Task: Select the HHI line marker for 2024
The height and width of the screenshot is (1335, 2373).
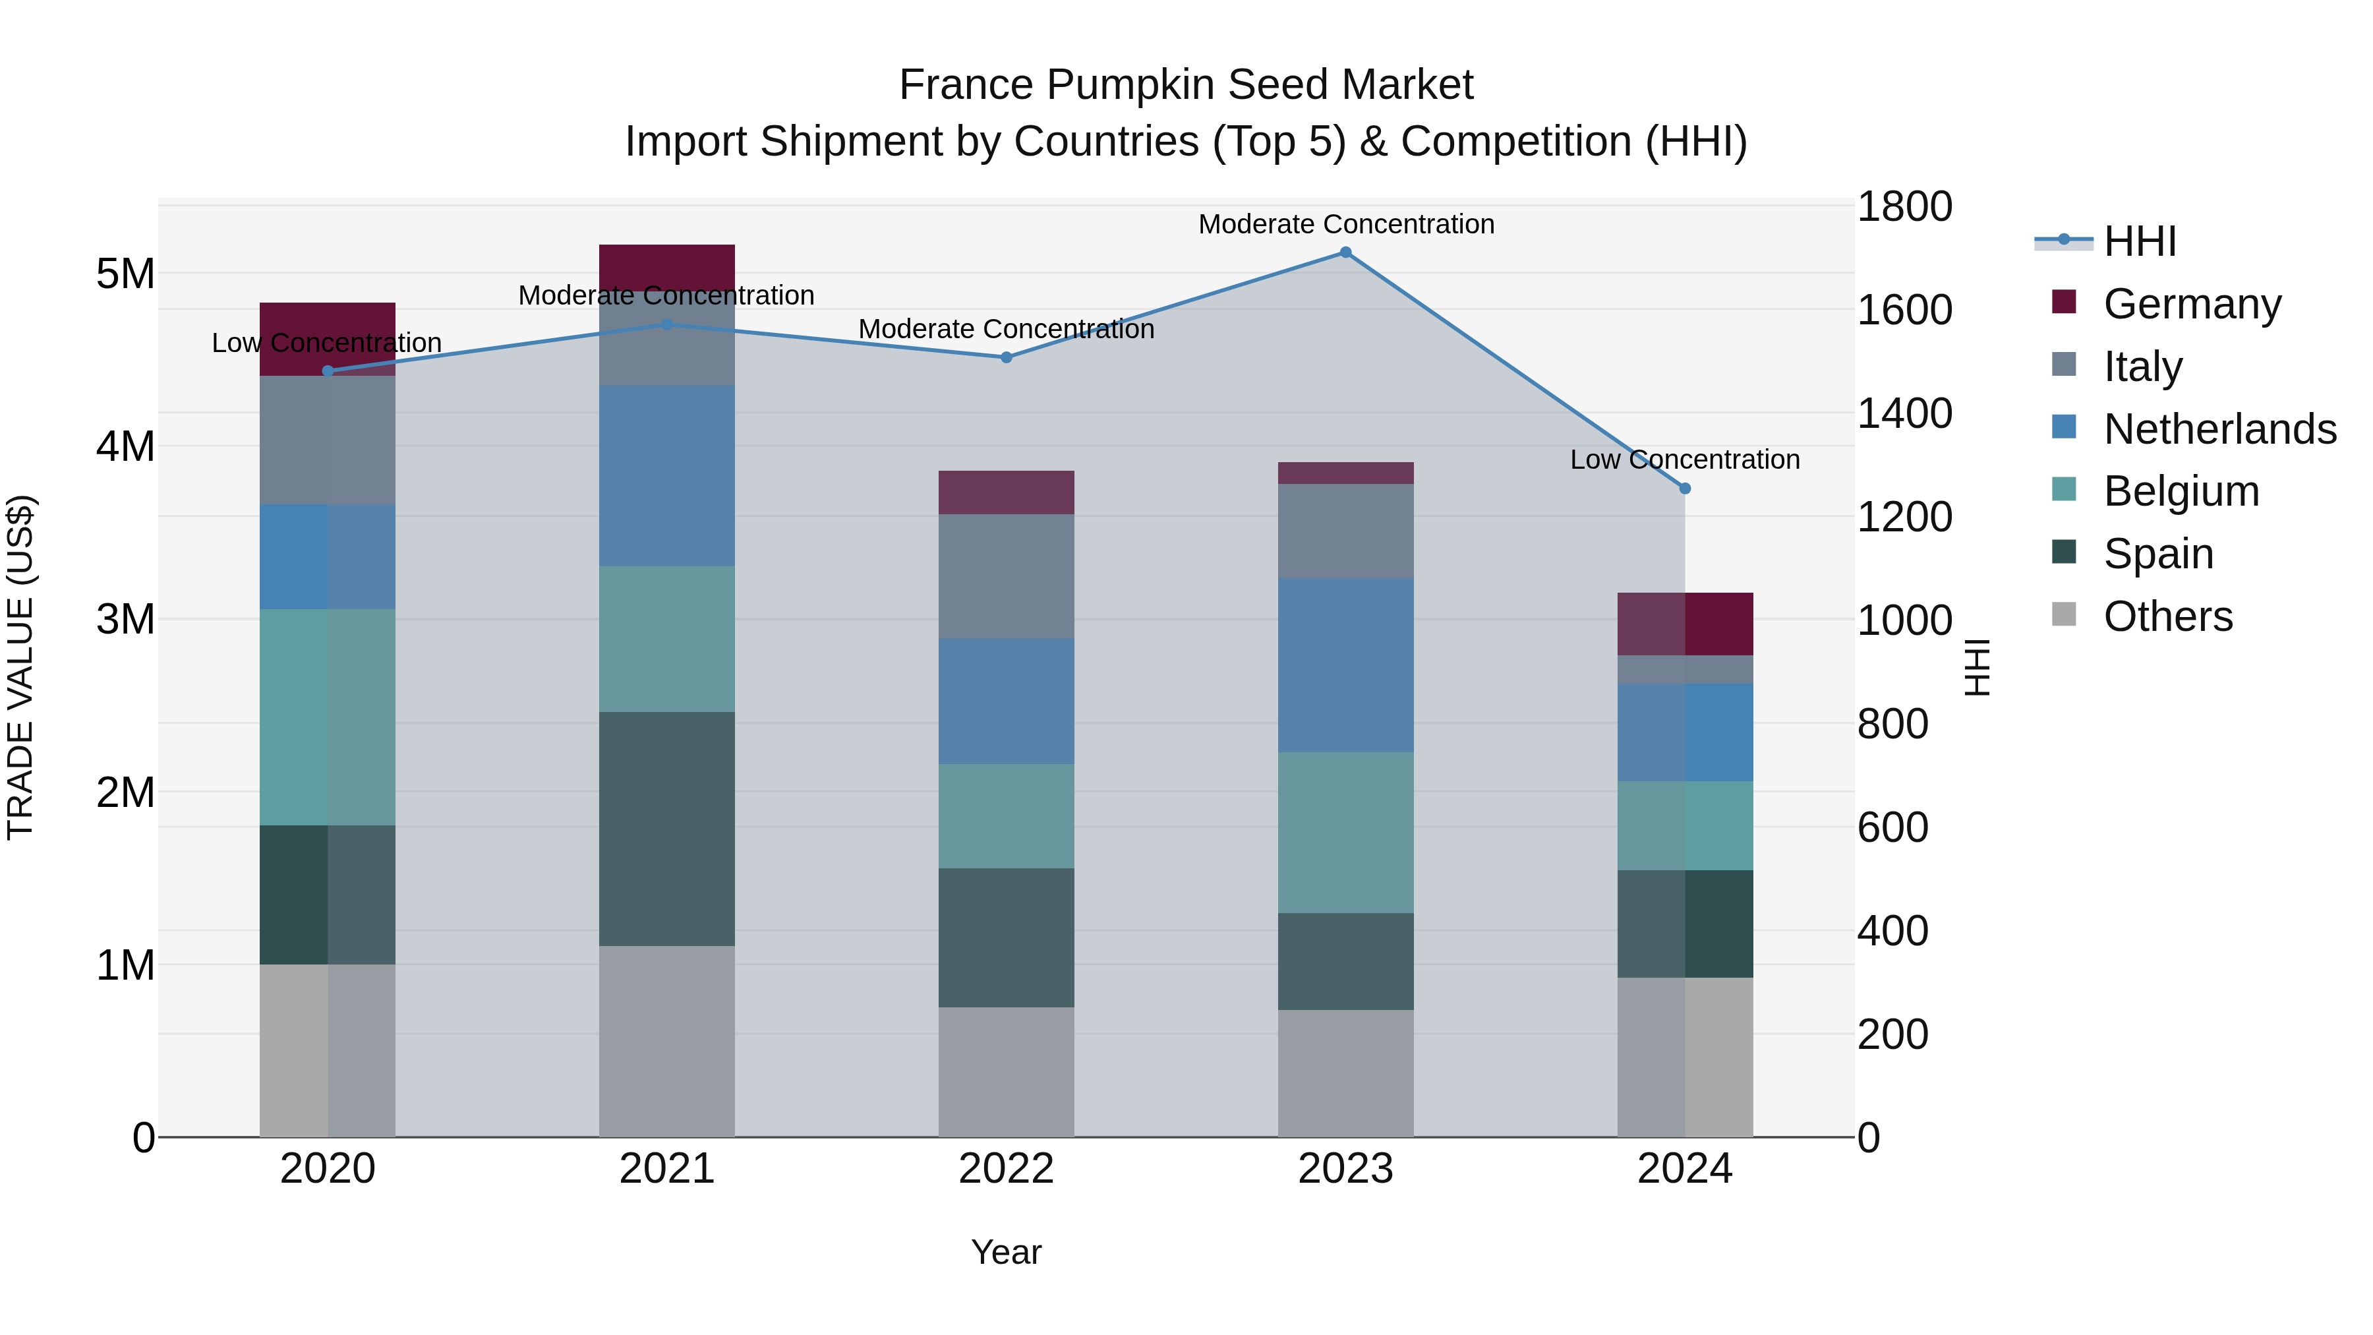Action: coord(1685,489)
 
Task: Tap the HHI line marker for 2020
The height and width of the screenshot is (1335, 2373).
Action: coord(328,371)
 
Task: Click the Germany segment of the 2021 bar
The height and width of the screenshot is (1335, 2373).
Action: coord(667,267)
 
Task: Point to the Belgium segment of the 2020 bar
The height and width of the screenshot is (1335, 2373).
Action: coord(328,717)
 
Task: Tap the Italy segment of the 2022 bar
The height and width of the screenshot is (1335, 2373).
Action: coord(1006,576)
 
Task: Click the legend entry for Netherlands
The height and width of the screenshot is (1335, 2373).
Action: coord(2219,429)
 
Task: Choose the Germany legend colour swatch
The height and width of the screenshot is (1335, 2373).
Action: coord(2065,302)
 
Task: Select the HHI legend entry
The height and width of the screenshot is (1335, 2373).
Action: coord(2139,241)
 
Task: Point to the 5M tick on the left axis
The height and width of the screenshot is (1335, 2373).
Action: coord(125,274)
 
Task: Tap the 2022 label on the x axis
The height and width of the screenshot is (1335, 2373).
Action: coord(1006,1169)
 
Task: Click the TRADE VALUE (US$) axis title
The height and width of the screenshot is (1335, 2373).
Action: coord(20,667)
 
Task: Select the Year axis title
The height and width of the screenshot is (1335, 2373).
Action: coord(1006,1252)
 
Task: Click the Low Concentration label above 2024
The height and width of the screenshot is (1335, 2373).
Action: coord(1685,459)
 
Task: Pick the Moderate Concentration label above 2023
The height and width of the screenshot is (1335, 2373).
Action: coord(1346,224)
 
